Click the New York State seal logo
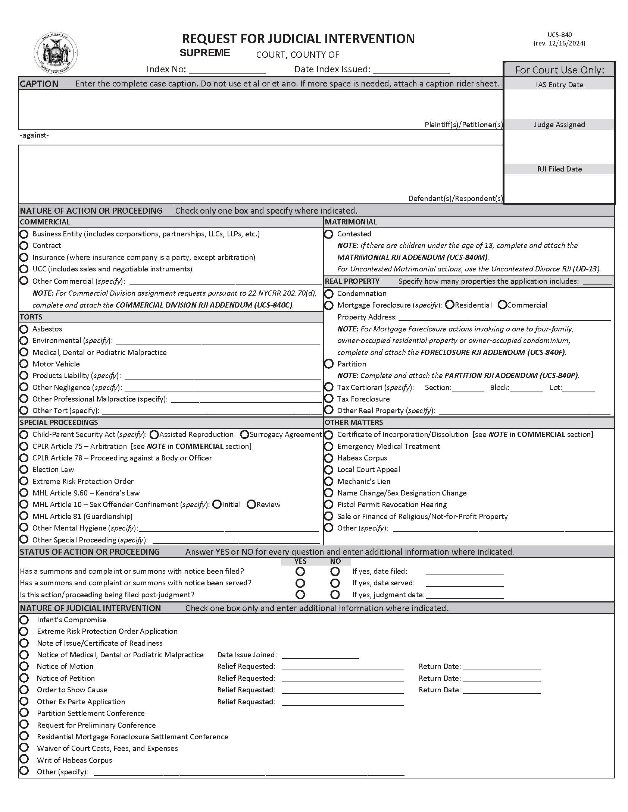(x=56, y=54)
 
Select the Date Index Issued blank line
(x=411, y=70)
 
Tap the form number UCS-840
(x=559, y=35)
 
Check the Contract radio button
(x=24, y=245)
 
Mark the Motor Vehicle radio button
(x=24, y=363)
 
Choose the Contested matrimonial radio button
(x=329, y=234)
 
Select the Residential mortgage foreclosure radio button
(x=450, y=305)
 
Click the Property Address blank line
(x=504, y=317)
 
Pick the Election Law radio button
(x=24, y=469)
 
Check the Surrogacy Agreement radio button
(x=245, y=434)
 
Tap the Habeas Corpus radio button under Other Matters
(x=329, y=458)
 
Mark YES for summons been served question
(x=300, y=583)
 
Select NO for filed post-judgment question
(x=335, y=594)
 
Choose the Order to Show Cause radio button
(x=24, y=690)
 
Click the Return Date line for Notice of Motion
(x=502, y=667)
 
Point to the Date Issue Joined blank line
(x=320, y=655)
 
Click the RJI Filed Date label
(x=559, y=169)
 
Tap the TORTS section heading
(x=31, y=317)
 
